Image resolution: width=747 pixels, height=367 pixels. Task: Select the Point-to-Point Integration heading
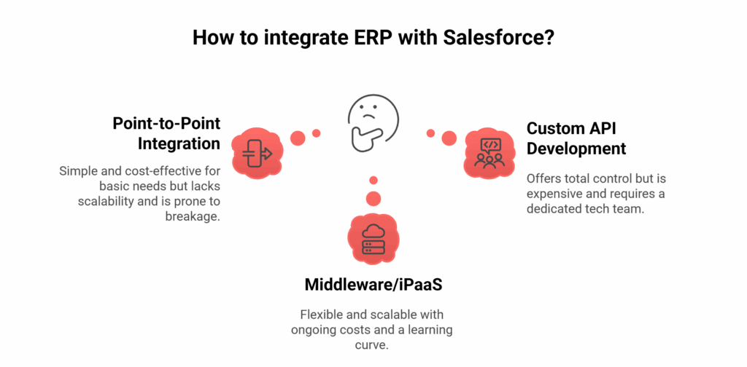pyautogui.click(x=166, y=133)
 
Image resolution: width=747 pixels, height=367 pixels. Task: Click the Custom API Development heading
pyautogui.click(x=576, y=138)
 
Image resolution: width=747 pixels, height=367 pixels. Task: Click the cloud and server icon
pyautogui.click(x=373, y=239)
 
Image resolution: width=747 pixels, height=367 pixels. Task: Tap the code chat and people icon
pyautogui.click(x=489, y=152)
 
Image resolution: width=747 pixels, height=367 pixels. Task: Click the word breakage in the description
pyautogui.click(x=193, y=216)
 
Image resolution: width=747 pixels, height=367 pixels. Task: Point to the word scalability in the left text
pyautogui.click(x=107, y=201)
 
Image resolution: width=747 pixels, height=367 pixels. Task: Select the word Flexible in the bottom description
pyautogui.click(x=320, y=315)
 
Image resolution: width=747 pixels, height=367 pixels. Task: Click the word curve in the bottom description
pyautogui.click(x=372, y=345)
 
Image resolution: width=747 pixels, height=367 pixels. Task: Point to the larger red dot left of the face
pyautogui.click(x=298, y=138)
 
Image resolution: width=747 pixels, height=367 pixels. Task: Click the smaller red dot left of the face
pyautogui.click(x=317, y=133)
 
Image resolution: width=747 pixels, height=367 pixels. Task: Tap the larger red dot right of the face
pyautogui.click(x=449, y=138)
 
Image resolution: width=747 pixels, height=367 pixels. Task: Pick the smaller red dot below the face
pyautogui.click(x=373, y=180)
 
